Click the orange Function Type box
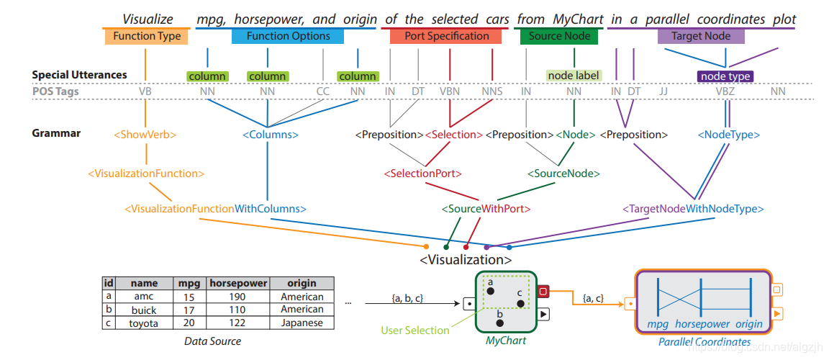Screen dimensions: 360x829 (x=147, y=36)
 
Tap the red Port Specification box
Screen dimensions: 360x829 (x=446, y=36)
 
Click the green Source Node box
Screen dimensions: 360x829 (x=559, y=36)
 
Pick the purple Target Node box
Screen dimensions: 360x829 (x=701, y=36)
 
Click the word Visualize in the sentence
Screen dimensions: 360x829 (x=148, y=19)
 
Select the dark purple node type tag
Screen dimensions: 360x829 (x=725, y=76)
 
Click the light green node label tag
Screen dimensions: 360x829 (x=574, y=76)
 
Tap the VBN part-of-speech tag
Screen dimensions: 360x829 (x=450, y=91)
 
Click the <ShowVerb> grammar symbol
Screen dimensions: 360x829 (x=145, y=134)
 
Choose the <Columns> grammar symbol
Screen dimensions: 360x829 (x=270, y=134)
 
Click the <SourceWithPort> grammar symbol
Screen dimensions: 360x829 (x=486, y=209)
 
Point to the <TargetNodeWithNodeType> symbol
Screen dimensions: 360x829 (x=693, y=209)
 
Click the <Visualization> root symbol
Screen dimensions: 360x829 (x=466, y=259)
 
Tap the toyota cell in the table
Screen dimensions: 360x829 (x=143, y=323)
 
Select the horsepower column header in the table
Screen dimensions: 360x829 (x=238, y=284)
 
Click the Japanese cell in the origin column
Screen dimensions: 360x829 (x=302, y=323)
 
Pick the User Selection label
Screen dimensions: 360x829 (x=415, y=330)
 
